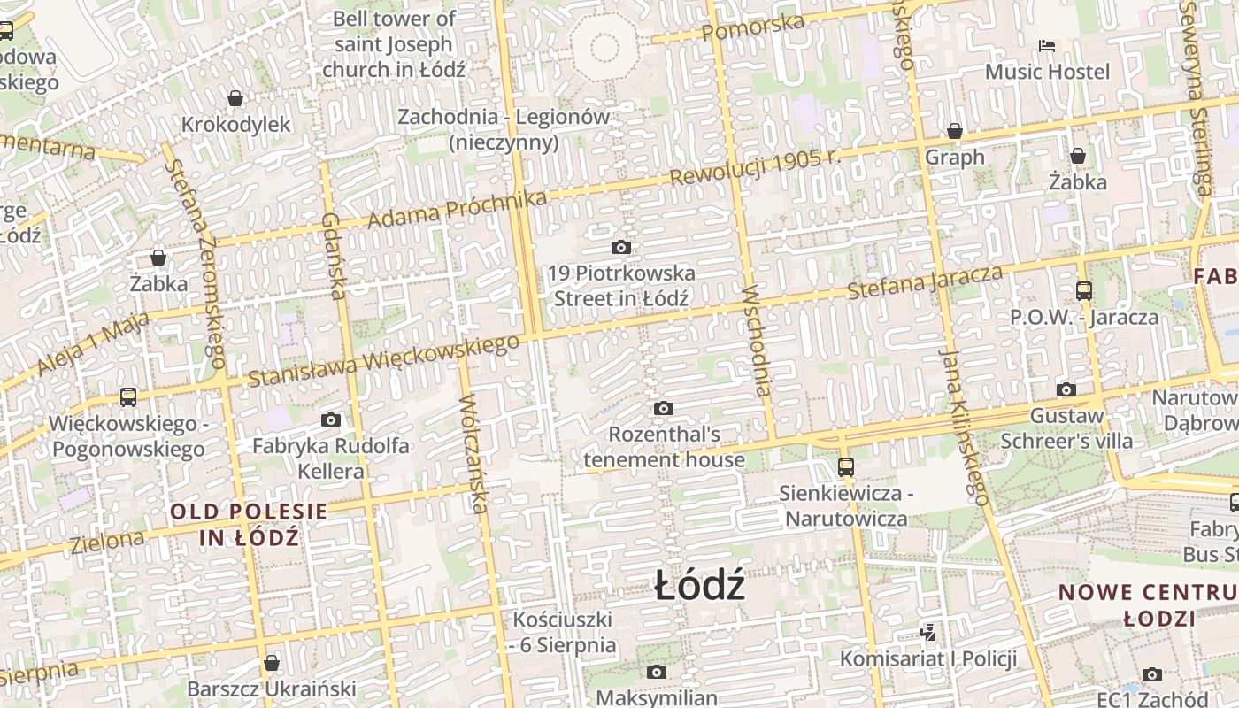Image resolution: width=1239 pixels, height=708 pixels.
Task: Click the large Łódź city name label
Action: [x=699, y=587]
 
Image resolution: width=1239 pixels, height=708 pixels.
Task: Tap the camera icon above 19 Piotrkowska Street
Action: [x=621, y=247]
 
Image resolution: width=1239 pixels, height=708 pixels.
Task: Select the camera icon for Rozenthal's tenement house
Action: [x=663, y=408]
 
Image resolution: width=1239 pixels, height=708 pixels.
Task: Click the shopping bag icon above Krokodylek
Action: [x=235, y=97]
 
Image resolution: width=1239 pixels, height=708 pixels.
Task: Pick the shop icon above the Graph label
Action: [x=955, y=131]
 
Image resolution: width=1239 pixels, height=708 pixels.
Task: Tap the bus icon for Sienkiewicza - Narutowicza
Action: [x=846, y=466]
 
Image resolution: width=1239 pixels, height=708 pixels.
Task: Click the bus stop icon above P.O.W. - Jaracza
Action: [x=1084, y=290]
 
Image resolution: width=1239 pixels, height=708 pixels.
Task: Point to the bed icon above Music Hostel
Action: [x=1047, y=45]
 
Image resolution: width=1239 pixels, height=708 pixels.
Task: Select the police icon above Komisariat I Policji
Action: [x=927, y=632]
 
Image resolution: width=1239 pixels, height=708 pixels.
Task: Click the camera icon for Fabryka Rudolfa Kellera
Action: [x=331, y=419]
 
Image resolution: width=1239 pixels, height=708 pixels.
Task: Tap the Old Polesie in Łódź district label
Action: [x=249, y=524]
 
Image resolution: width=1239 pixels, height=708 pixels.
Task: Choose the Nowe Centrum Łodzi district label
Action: [x=1148, y=604]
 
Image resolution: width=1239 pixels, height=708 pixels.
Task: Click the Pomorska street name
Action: [x=753, y=28]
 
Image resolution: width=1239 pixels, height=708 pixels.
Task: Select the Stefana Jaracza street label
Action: [x=925, y=282]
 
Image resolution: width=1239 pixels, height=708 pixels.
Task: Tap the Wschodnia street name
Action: [x=758, y=341]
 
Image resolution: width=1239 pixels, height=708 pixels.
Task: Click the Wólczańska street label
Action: [x=473, y=453]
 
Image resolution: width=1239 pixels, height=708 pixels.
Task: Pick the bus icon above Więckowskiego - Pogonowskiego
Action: [x=128, y=396]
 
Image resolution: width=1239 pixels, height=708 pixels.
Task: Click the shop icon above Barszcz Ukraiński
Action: [x=272, y=663]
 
